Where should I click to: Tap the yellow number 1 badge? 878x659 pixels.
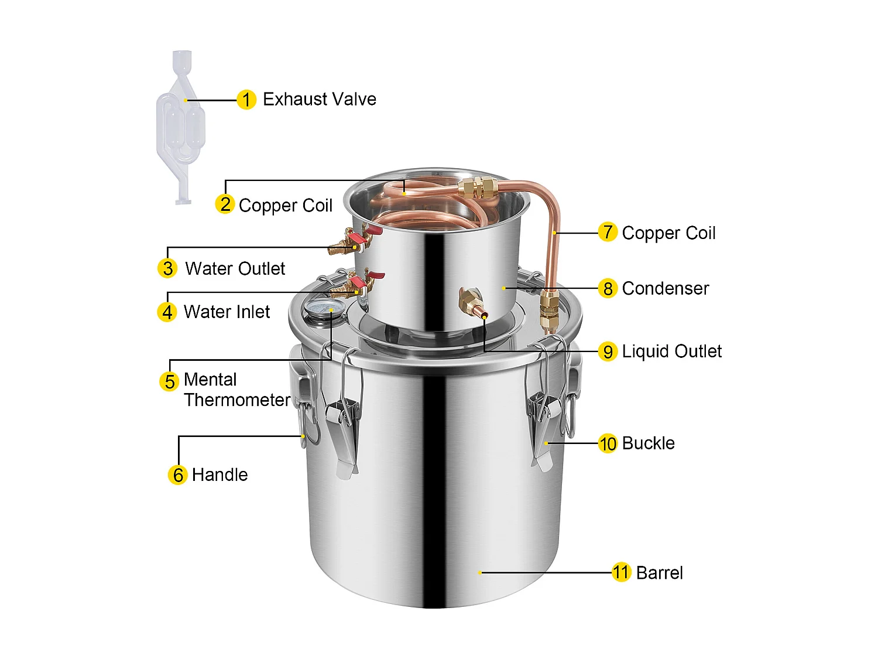tap(246, 100)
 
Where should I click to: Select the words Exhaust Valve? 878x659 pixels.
tap(319, 99)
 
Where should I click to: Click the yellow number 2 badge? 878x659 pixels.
tap(225, 204)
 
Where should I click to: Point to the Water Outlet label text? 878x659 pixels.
tap(235, 268)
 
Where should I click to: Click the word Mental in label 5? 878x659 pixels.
tap(210, 380)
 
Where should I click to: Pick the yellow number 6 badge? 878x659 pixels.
tap(178, 474)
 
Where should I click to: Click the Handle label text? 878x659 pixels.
tap(220, 474)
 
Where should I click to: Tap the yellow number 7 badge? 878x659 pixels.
tap(608, 232)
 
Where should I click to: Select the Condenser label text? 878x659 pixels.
tap(665, 288)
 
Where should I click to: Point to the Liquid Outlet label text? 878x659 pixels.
tap(671, 351)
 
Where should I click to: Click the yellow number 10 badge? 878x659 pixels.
tap(608, 443)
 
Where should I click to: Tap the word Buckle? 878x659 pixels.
tap(648, 443)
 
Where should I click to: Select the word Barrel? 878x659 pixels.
tap(659, 572)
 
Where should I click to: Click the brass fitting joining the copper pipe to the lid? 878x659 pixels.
tap(548, 310)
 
